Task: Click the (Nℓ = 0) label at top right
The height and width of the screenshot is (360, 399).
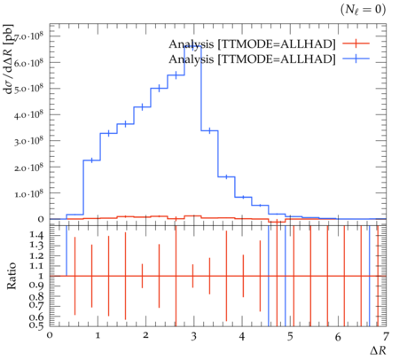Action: click(363, 10)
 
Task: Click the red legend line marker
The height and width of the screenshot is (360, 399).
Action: click(356, 43)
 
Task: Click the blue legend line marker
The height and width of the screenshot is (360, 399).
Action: click(356, 59)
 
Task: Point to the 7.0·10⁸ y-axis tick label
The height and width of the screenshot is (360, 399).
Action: click(28, 36)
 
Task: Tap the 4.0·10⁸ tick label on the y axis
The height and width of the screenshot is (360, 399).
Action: click(28, 114)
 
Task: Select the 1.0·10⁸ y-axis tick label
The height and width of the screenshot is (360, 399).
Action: click(28, 193)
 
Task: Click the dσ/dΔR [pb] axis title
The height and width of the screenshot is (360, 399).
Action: click(9, 59)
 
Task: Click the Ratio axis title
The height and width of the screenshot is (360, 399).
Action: click(12, 276)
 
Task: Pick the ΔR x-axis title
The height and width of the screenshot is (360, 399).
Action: click(378, 350)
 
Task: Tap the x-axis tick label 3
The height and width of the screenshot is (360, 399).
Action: click(193, 336)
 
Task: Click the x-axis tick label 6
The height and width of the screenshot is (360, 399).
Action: click(338, 336)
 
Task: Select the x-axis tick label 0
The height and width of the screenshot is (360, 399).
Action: click(50, 335)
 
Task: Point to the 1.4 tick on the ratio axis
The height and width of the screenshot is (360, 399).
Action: click(36, 235)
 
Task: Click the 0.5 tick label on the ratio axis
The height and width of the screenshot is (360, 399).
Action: click(36, 325)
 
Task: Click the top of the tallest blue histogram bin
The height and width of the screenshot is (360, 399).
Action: click(192, 46)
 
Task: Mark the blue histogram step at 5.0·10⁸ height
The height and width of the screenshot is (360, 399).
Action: click(159, 88)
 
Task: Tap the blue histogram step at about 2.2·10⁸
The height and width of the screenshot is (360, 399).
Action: click(91, 160)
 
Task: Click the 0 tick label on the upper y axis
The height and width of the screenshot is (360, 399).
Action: click(41, 219)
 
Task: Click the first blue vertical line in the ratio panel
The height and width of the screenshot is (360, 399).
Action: click(66, 251)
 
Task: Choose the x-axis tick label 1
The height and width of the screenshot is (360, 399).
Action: click(98, 336)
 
